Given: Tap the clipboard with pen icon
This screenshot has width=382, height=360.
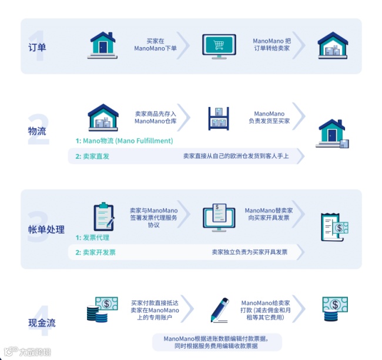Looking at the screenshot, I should tap(103, 216).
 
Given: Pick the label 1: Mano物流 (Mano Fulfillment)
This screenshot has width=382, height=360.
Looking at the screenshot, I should tap(124, 141).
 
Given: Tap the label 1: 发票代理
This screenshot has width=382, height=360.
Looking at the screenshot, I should tap(92, 238).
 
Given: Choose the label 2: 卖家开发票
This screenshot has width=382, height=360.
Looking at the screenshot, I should tap(95, 252).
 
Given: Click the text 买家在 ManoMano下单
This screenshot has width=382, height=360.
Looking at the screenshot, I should tap(155, 45).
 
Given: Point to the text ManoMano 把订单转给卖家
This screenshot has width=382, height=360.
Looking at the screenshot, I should tap(272, 45).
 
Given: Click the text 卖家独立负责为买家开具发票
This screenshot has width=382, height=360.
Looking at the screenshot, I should tap(250, 252).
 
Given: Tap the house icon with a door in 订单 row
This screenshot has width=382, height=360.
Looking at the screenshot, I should tap(103, 45).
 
